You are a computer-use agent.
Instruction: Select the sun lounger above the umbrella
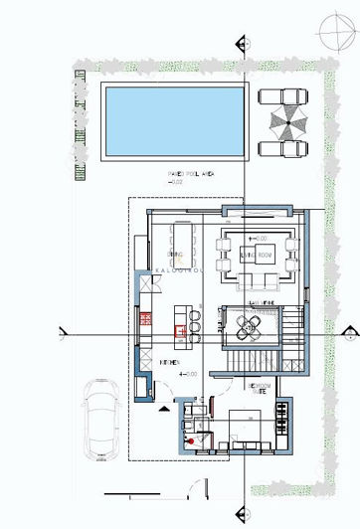click(281, 98)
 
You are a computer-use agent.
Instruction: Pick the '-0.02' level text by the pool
click(177, 183)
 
